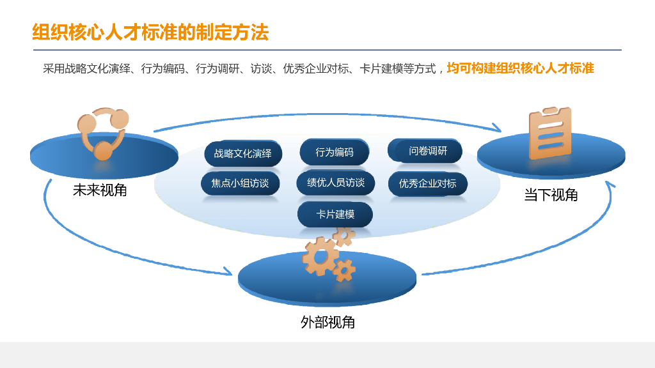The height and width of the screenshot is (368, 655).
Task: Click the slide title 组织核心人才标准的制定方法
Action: [150, 32]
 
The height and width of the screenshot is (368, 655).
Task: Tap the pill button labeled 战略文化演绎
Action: [243, 154]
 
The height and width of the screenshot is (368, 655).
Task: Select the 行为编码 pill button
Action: [335, 152]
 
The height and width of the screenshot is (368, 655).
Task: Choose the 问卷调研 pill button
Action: [425, 151]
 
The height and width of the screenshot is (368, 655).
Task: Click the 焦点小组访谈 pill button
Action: [240, 183]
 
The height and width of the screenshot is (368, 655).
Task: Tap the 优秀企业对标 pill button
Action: [428, 184]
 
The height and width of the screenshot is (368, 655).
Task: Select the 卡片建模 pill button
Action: [335, 215]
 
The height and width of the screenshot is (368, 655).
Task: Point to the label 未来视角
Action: [100, 190]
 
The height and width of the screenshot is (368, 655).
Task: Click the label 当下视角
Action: [551, 195]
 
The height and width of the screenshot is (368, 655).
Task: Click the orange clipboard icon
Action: [549, 133]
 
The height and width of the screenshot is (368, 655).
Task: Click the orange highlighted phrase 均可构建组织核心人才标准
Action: [520, 68]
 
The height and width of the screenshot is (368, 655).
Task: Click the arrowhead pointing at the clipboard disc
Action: [496, 128]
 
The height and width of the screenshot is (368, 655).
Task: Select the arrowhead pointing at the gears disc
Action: [226, 272]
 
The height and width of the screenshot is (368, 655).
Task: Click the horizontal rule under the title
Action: [327, 50]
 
